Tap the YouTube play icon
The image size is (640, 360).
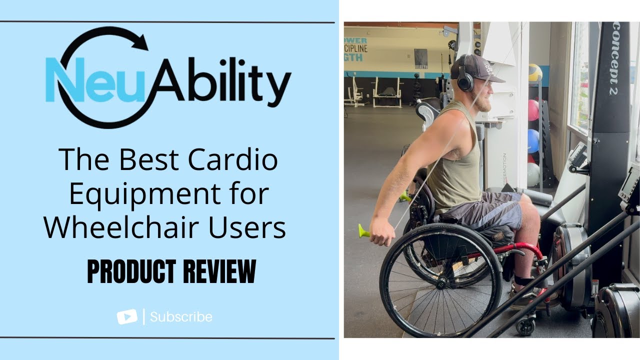pyautogui.click(x=127, y=316)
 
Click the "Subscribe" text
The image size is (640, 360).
pyautogui.click(x=181, y=317)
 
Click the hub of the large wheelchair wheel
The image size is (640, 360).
pyautogui.click(x=441, y=282)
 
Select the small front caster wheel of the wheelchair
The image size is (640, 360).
pyautogui.click(x=525, y=325)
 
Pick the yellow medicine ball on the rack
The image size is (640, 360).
pyautogui.click(x=535, y=72)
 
